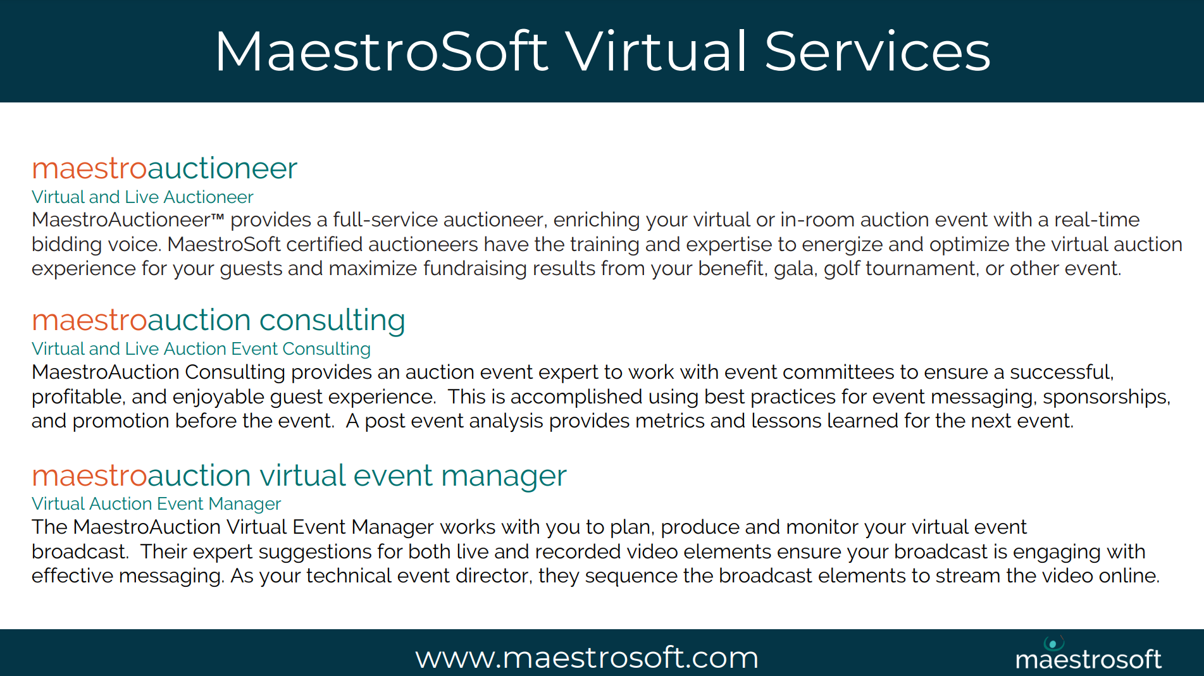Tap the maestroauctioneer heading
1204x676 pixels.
[164, 168]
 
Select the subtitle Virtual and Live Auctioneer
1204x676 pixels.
[142, 197]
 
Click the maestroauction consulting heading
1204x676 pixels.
[218, 321]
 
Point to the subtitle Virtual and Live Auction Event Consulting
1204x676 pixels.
[201, 349]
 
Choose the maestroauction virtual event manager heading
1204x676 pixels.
[299, 476]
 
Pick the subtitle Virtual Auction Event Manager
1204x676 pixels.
[156, 503]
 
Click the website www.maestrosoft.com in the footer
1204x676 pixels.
[586, 658]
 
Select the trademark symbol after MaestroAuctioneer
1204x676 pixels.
[218, 217]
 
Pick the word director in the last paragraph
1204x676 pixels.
[494, 576]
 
